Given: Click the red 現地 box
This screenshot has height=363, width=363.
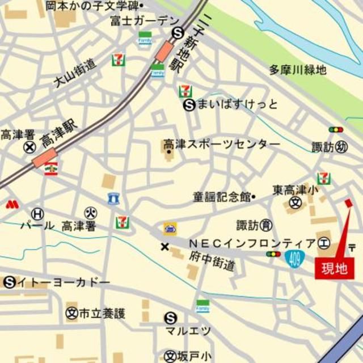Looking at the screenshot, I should tap(334, 267).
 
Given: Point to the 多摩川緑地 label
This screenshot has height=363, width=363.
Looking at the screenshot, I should tap(298, 70).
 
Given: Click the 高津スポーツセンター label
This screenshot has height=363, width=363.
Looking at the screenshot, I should tap(222, 144).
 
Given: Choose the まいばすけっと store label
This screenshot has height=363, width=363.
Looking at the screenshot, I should tap(238, 104).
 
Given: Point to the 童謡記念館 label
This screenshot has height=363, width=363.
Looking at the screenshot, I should tap(221, 197).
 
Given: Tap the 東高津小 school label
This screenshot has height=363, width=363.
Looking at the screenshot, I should tap(296, 191).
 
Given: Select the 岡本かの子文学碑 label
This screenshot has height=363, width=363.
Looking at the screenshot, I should tap(92, 6).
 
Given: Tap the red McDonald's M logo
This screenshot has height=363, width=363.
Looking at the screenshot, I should tap(12, 204).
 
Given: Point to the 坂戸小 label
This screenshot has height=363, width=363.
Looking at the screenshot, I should tap(195, 356).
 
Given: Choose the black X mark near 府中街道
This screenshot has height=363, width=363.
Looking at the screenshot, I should tap(165, 247).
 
